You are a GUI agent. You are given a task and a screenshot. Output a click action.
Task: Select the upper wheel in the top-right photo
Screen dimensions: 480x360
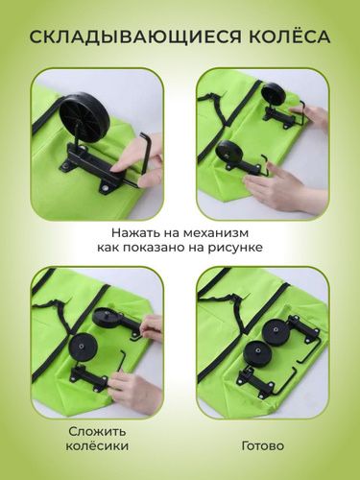(273, 94)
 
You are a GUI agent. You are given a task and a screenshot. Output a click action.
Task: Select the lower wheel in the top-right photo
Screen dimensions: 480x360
(229, 154)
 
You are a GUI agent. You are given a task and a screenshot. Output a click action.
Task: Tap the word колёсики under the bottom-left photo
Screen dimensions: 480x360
(93, 447)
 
